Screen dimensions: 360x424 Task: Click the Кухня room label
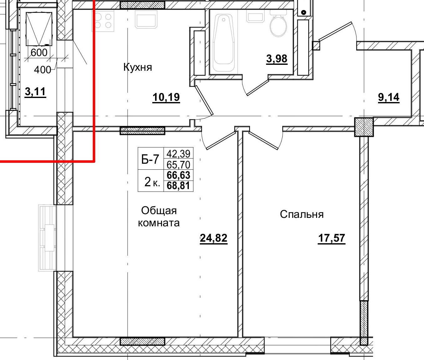(x=138, y=67)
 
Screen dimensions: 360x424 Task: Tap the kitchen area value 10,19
(x=166, y=98)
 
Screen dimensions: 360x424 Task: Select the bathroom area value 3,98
(x=277, y=59)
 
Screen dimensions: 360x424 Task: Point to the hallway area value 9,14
(x=389, y=98)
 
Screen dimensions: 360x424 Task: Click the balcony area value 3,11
(x=35, y=92)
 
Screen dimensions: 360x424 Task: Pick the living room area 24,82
(x=214, y=239)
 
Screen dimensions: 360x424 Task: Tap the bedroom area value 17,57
(x=331, y=239)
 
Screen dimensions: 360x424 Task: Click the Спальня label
(x=302, y=214)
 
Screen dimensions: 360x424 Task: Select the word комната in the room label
(x=159, y=223)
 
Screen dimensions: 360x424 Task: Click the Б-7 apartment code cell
(x=151, y=160)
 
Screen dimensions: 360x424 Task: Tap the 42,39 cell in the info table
(x=179, y=154)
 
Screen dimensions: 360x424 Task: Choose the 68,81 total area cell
(x=179, y=186)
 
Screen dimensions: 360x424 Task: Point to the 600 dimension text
(x=39, y=53)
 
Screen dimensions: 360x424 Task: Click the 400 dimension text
(x=42, y=69)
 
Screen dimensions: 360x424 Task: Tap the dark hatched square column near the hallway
(x=364, y=127)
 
